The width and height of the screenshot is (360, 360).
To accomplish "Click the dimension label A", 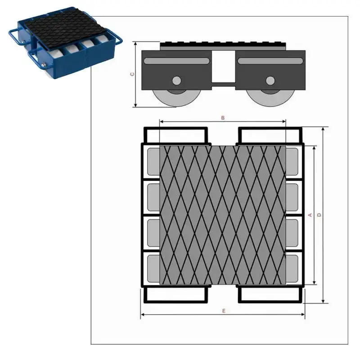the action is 310,215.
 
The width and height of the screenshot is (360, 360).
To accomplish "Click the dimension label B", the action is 223,118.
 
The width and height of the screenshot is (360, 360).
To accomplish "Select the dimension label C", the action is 132,74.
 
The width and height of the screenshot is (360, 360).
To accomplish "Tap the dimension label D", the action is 319,215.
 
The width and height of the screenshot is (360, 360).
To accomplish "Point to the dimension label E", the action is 224,311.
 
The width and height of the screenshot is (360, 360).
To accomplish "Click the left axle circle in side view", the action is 176,81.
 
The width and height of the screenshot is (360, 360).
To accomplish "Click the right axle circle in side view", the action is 270,81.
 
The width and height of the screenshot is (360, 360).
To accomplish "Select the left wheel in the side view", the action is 176,98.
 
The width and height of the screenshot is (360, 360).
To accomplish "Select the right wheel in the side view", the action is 270,98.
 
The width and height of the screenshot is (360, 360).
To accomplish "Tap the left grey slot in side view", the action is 176,61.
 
